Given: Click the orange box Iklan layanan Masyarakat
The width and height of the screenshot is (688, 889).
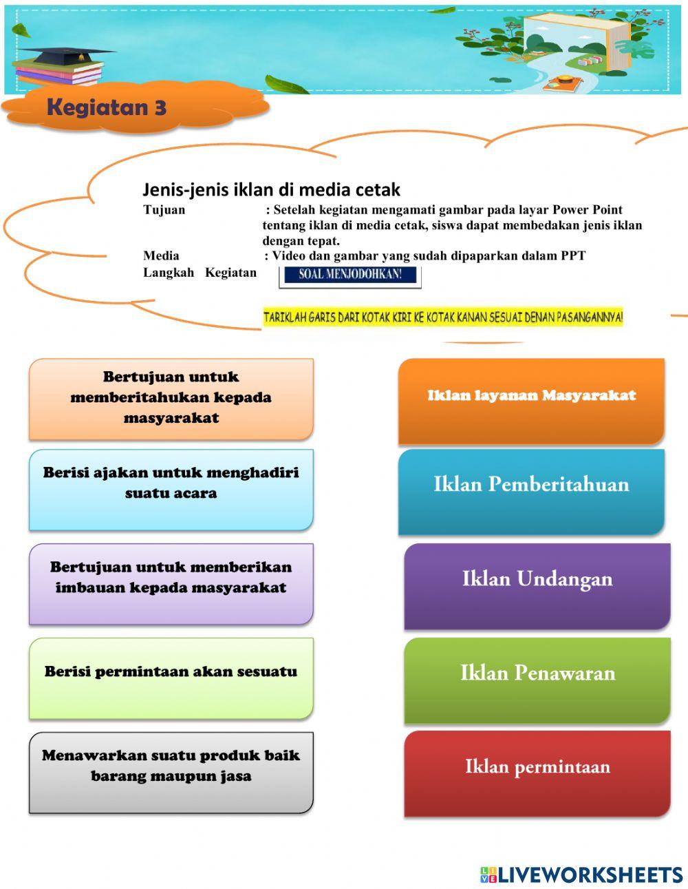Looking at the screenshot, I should (x=531, y=400).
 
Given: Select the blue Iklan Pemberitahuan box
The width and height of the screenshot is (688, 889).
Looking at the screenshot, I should (x=531, y=490).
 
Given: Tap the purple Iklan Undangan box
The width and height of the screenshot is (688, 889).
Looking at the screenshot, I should (x=537, y=585).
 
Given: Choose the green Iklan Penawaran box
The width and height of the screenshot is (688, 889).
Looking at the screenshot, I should (x=537, y=679).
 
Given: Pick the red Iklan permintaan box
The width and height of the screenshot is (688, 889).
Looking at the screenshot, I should (x=537, y=773).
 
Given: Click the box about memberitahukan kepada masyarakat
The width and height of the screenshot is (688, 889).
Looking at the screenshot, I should (x=171, y=398).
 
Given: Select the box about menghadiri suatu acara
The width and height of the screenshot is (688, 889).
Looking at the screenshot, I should (x=171, y=489).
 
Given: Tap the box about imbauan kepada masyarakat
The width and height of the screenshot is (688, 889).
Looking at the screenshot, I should (x=171, y=583).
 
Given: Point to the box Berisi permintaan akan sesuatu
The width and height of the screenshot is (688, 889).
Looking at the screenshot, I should (x=171, y=678).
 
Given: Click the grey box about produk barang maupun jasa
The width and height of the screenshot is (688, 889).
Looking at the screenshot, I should (x=171, y=771).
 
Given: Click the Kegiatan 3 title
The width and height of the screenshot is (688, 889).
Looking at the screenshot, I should (x=107, y=108).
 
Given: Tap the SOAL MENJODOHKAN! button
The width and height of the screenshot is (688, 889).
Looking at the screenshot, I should (x=350, y=275).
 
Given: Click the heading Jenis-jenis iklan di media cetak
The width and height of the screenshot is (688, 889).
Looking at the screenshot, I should (x=271, y=189).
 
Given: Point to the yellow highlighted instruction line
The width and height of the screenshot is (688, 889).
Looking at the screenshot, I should (x=443, y=317).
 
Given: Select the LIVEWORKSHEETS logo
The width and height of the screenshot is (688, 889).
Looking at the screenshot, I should (x=581, y=875).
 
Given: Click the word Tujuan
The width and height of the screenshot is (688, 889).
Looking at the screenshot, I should (x=164, y=210).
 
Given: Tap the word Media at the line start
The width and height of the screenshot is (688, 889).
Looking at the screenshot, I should (x=161, y=256).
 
